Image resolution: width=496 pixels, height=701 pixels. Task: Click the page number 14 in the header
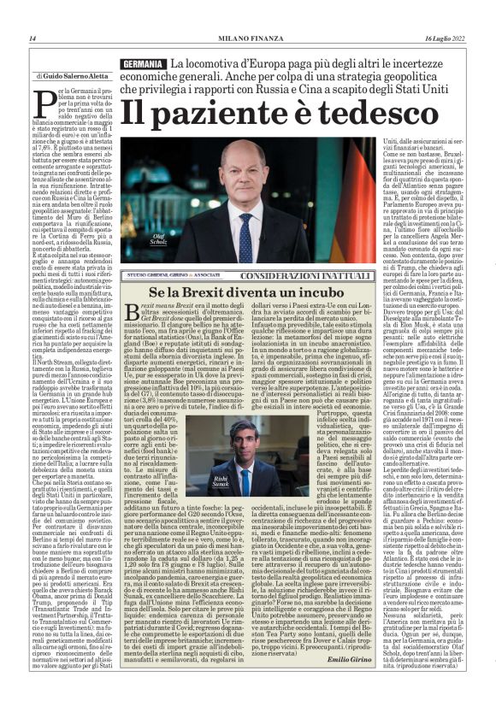(32, 38)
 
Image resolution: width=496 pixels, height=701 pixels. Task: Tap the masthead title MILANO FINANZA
(248, 38)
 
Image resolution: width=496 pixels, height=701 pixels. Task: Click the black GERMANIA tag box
(143, 65)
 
